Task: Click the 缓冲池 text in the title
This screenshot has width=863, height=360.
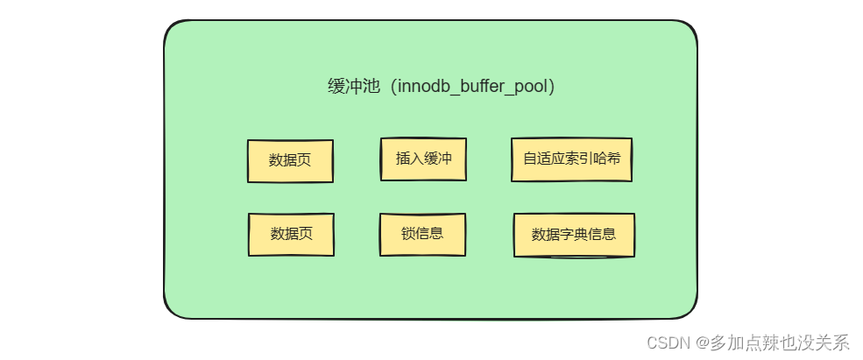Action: (x=353, y=88)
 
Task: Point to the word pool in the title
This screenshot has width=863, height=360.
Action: (x=532, y=88)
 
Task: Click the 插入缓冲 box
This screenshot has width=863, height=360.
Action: (x=423, y=159)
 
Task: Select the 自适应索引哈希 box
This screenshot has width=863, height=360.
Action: (x=571, y=159)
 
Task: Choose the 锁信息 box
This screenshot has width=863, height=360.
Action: (x=422, y=234)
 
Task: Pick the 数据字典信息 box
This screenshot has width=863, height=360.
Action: (x=574, y=235)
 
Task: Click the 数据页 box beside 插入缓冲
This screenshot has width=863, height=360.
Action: (x=290, y=160)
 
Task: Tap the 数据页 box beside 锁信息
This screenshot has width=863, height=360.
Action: (x=291, y=234)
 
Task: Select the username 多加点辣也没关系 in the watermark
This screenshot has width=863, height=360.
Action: (x=781, y=342)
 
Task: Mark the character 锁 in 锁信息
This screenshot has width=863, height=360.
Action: (x=407, y=234)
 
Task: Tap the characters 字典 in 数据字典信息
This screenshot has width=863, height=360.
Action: (x=573, y=235)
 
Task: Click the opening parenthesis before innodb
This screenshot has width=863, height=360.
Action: (x=389, y=88)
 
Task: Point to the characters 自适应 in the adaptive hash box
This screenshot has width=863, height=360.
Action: (x=543, y=159)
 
